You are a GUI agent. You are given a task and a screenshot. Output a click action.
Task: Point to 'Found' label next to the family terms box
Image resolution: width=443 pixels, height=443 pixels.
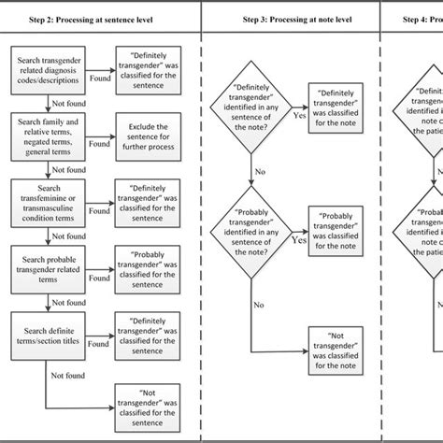point(98,144)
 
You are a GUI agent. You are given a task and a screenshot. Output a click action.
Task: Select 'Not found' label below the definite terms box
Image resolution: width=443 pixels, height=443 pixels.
point(64,377)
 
